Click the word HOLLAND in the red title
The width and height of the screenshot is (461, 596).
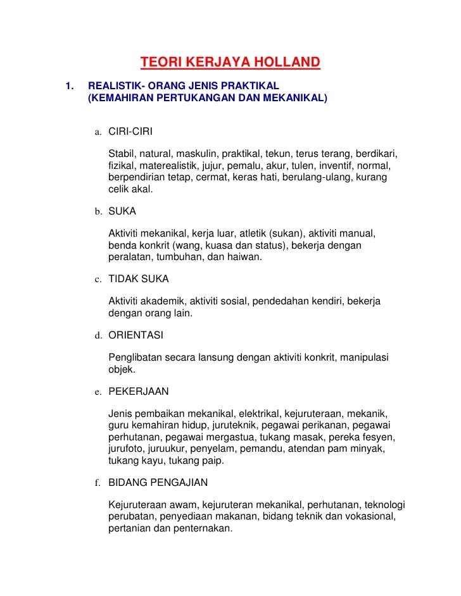(x=287, y=63)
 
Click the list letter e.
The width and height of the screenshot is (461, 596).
(x=99, y=392)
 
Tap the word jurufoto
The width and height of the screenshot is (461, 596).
(x=126, y=449)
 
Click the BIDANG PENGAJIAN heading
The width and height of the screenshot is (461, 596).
(x=158, y=483)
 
